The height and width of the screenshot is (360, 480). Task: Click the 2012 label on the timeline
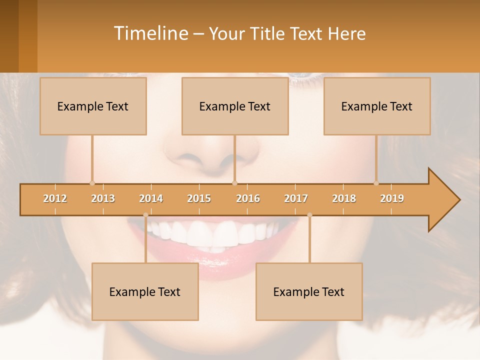[55, 198]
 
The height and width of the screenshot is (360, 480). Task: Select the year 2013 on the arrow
[103, 198]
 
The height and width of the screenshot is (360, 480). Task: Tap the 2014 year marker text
[151, 198]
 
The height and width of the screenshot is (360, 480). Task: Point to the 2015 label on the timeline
[199, 198]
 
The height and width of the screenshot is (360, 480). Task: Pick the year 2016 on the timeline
[248, 198]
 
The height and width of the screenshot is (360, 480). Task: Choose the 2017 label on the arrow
[296, 198]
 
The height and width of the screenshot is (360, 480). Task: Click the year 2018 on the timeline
[344, 198]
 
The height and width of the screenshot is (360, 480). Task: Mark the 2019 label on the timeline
[392, 198]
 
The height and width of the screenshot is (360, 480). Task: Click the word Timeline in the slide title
[150, 33]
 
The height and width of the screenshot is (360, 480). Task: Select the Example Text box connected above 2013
[93, 106]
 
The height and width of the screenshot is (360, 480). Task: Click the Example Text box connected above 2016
[235, 106]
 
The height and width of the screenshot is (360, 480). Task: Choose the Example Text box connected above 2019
[377, 106]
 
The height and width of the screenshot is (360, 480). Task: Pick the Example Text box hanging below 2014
[145, 291]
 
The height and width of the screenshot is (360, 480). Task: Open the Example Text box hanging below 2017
[309, 291]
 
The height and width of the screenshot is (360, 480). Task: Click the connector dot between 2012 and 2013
[92, 183]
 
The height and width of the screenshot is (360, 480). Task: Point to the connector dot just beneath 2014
[145, 215]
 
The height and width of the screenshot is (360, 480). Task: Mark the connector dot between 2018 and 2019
[376, 183]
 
